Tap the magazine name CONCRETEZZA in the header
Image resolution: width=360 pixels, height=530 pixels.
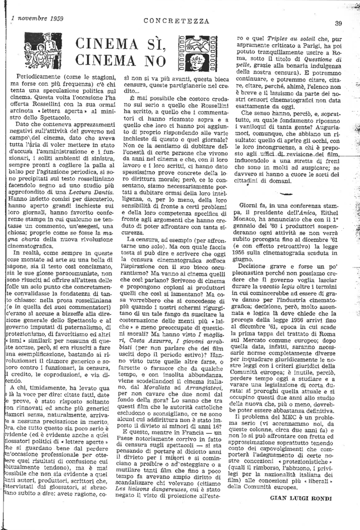click(x=177, y=21)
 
